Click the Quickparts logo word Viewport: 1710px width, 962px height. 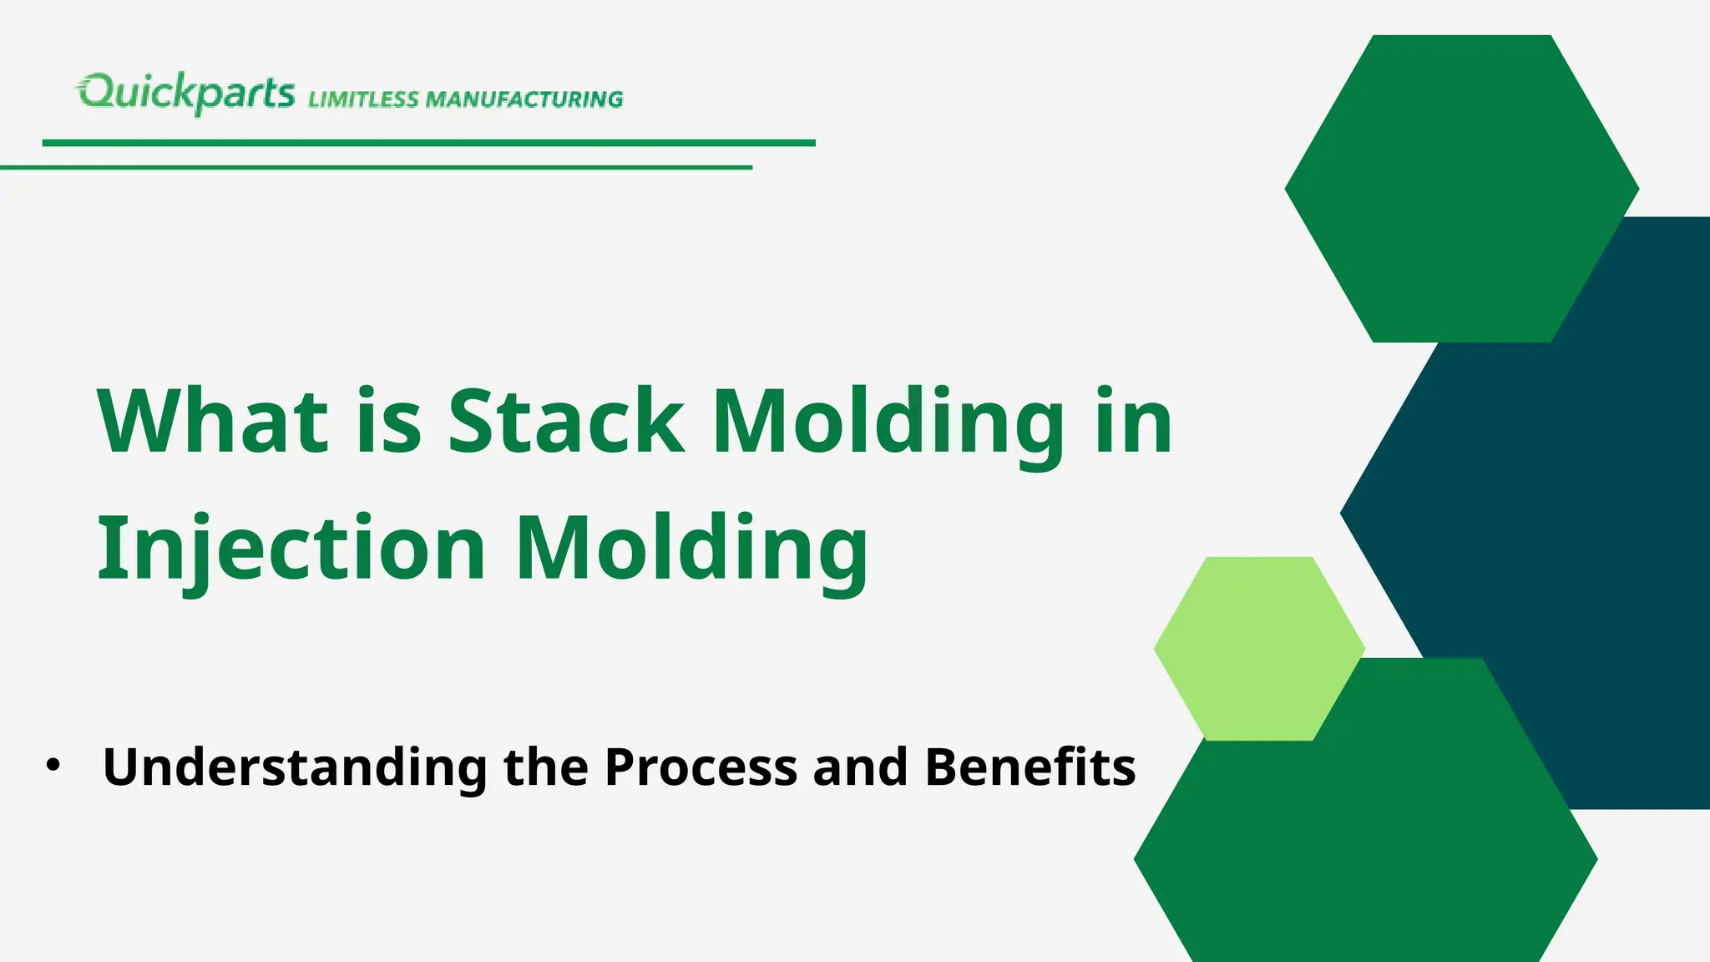pos(185,94)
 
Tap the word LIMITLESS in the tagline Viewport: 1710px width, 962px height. pos(364,99)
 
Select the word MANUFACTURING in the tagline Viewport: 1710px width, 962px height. pos(524,99)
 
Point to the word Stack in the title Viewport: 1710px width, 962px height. pos(566,421)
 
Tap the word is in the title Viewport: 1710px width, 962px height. pos(389,421)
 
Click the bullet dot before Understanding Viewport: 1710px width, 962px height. pos(54,765)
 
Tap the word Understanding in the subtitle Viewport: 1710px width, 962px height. pos(294,767)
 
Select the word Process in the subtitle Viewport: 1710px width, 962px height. pos(701,767)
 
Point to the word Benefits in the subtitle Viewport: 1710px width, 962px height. pos(1030,767)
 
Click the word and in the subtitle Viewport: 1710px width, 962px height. pos(860,767)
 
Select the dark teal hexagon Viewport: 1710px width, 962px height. pos(1586,518)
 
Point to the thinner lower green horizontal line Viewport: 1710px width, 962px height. pos(376,167)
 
